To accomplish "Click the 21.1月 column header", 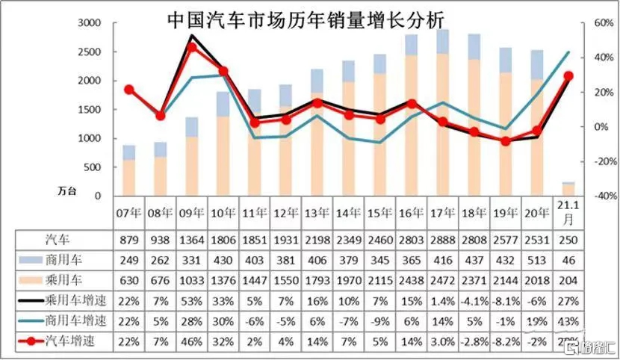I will [568, 212].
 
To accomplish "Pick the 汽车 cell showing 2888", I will [443, 240].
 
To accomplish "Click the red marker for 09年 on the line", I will [191, 47].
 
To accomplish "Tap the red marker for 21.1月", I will [568, 76].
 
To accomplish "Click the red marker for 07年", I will [128, 90].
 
